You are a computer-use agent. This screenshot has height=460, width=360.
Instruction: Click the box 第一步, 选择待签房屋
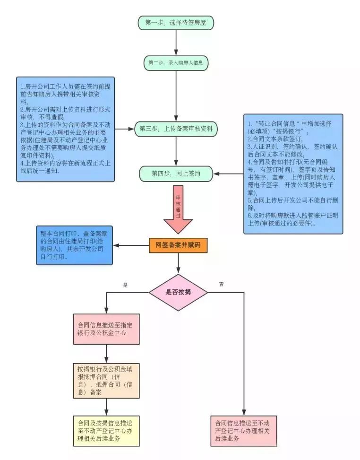click(176, 22)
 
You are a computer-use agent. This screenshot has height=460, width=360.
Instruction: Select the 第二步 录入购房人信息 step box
click(176, 62)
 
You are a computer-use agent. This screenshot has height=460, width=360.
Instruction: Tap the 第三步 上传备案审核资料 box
click(176, 128)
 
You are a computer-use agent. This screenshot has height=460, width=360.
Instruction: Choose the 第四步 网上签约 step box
click(176, 174)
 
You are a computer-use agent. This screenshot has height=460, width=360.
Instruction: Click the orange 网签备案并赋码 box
click(178, 245)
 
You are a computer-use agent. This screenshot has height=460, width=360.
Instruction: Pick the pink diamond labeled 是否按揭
click(178, 292)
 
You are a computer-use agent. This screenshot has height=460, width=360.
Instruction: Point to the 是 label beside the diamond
click(126, 285)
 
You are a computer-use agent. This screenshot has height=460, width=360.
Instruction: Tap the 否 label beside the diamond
click(221, 284)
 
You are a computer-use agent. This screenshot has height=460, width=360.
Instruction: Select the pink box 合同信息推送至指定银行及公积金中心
click(106, 329)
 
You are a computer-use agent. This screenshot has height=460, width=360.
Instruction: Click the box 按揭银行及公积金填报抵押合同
click(106, 380)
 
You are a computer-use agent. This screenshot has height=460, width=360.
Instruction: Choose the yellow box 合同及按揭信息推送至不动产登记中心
click(106, 431)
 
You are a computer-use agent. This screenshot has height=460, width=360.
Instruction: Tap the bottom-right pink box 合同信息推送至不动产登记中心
click(243, 431)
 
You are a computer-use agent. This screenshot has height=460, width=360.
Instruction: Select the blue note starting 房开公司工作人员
click(66, 129)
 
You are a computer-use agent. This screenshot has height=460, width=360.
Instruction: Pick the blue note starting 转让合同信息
click(293, 174)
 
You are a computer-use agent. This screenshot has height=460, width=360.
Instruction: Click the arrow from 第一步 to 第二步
click(176, 43)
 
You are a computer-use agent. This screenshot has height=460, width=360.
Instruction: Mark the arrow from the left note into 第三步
click(125, 128)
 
